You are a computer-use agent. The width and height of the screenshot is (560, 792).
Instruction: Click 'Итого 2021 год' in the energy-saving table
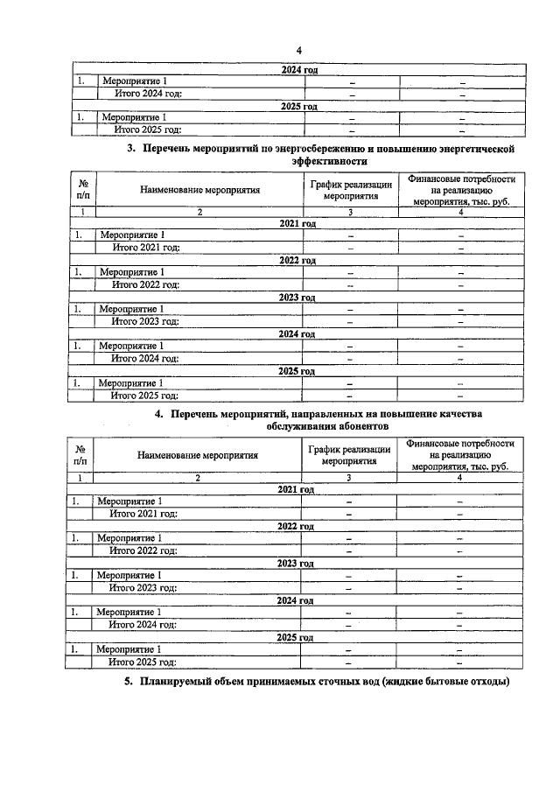145,248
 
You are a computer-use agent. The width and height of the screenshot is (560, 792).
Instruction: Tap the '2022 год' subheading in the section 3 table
297,260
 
